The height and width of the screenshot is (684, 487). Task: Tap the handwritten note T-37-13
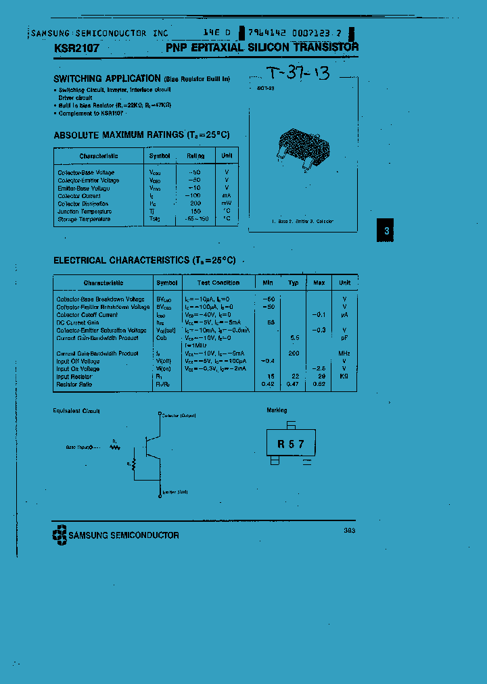(297, 74)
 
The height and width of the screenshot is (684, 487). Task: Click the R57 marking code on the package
(291, 444)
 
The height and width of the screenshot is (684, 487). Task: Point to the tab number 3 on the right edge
(386, 231)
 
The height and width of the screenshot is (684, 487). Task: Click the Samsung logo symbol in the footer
(60, 535)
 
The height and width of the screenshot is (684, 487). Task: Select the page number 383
(349, 531)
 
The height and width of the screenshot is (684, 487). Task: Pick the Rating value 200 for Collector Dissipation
(195, 203)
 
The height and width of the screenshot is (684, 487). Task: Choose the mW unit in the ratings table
(227, 203)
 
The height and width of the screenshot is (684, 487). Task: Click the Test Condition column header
(218, 283)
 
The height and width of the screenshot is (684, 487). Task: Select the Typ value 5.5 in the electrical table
(294, 337)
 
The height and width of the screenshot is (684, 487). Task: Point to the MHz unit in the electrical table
(344, 353)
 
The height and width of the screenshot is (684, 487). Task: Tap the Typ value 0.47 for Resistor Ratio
(293, 384)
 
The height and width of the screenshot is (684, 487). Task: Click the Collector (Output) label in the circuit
(179, 415)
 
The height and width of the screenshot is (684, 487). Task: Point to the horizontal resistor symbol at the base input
(114, 446)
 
